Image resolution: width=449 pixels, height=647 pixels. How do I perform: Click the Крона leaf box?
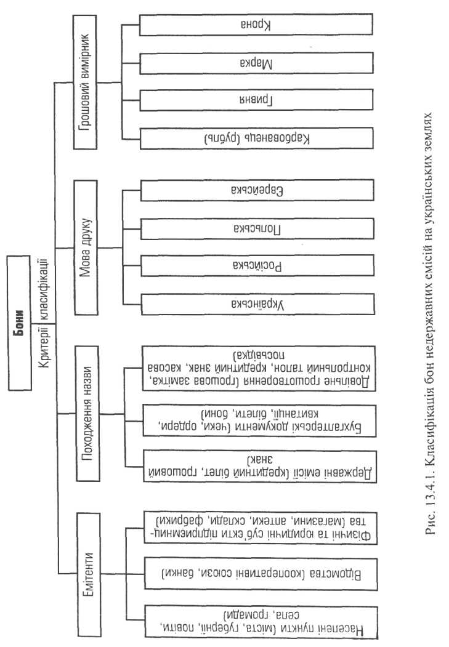(256, 25)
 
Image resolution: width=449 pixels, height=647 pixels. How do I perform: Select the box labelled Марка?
(256, 63)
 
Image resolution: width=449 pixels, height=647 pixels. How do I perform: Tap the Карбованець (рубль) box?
(256, 138)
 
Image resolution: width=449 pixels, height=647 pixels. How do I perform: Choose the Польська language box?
(256, 228)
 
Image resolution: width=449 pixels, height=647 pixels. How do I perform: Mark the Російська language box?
(256, 266)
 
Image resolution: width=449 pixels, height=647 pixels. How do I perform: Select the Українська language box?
(256, 304)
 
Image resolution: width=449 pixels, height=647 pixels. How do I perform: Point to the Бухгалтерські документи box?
(256, 420)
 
